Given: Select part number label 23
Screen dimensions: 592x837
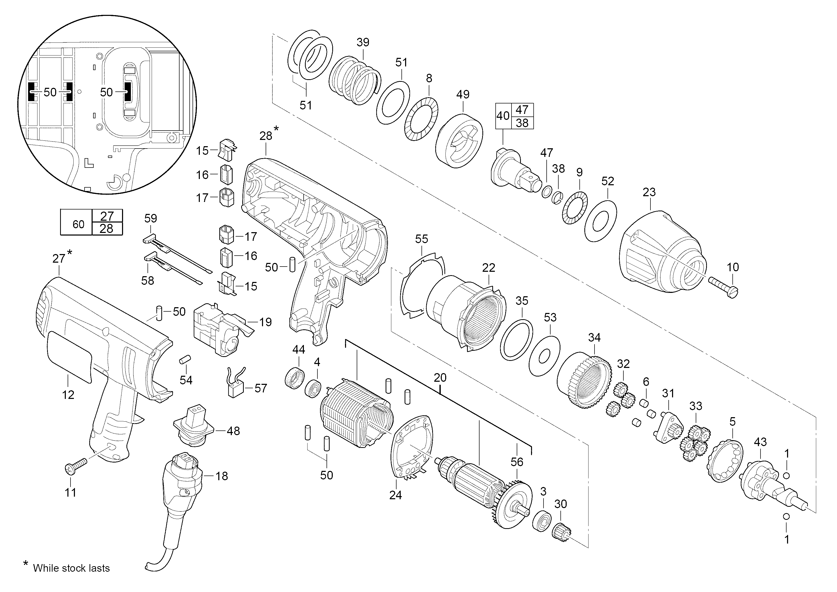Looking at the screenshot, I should pyautogui.click(x=649, y=192).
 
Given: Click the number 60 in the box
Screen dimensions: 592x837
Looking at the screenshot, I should pyautogui.click(x=78, y=224).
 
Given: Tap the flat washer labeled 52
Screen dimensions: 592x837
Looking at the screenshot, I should pyautogui.click(x=600, y=220).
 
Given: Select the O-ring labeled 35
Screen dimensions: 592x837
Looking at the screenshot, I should pyautogui.click(x=516, y=340).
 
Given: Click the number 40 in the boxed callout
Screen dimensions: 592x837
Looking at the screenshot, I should pyautogui.click(x=503, y=116).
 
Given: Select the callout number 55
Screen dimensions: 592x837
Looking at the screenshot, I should pyautogui.click(x=421, y=239).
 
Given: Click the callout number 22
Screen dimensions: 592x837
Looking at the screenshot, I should pyautogui.click(x=489, y=268).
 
